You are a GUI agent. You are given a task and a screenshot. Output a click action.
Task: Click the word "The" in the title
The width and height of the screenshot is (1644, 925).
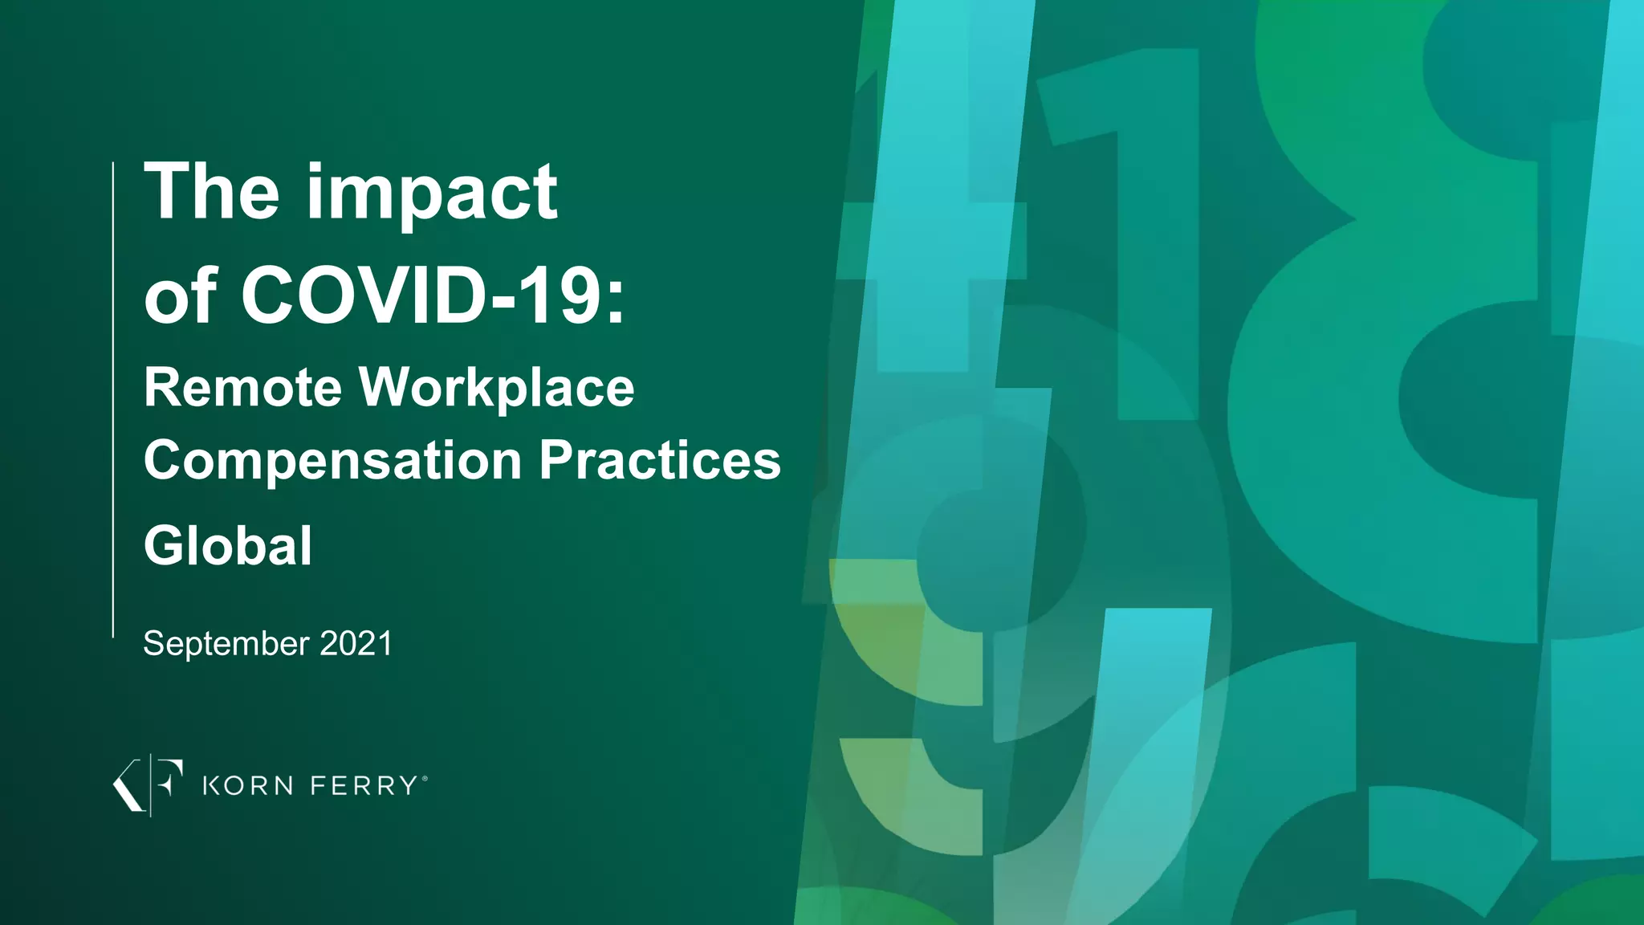(x=211, y=192)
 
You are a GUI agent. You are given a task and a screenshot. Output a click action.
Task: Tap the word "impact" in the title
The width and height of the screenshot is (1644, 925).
(x=431, y=195)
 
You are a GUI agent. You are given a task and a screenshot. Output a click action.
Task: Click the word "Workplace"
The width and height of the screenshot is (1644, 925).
(x=496, y=389)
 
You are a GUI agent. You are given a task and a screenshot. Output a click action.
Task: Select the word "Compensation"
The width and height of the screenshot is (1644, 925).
(x=333, y=461)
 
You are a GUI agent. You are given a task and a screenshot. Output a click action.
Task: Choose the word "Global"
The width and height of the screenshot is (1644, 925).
(x=228, y=546)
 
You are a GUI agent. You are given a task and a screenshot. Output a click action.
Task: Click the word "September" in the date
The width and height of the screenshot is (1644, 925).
(x=226, y=644)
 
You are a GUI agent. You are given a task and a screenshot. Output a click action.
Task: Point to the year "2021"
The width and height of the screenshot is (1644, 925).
(x=356, y=644)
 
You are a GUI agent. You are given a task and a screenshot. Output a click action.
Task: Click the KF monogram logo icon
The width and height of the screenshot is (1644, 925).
(x=149, y=784)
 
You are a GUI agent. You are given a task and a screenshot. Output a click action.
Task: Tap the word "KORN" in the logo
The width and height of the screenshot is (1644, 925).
(x=247, y=785)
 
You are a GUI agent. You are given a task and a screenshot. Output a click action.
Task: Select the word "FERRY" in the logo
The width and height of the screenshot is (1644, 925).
(x=363, y=785)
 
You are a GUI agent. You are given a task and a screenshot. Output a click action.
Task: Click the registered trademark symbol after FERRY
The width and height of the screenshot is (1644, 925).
(x=425, y=778)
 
